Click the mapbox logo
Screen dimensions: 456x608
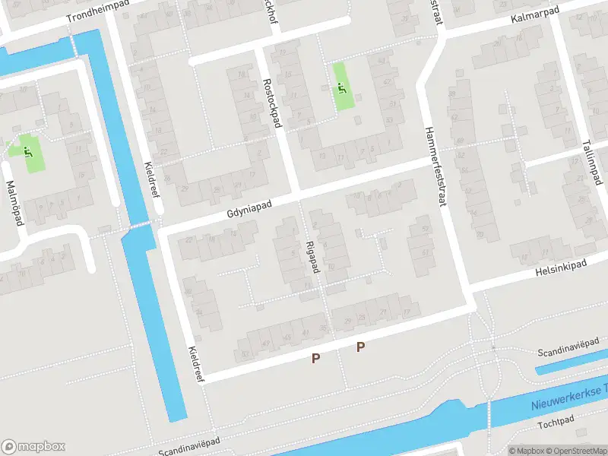[x=33, y=447]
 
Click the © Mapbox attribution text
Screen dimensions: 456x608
[x=527, y=451]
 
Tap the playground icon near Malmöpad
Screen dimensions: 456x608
[x=29, y=152]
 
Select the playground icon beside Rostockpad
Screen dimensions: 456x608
[x=340, y=88]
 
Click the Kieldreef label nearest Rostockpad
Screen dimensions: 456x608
[x=151, y=180]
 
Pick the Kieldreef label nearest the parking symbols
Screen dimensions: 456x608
[x=195, y=366]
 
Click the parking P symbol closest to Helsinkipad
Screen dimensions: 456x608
[x=361, y=347]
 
